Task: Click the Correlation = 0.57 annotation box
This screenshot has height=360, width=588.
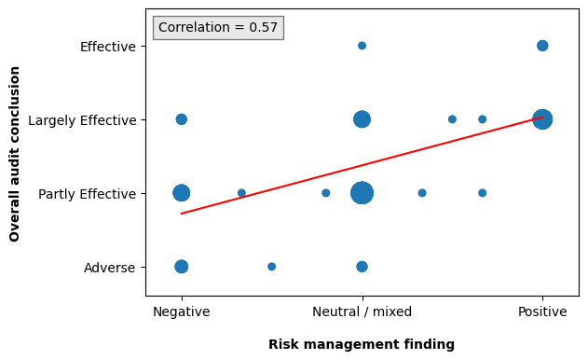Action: point(218,28)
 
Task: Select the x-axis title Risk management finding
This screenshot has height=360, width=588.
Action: point(362,344)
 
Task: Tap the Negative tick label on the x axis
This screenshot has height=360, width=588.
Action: point(181,312)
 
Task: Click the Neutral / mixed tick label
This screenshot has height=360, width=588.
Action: point(362,312)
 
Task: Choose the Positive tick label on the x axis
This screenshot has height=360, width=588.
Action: point(542,312)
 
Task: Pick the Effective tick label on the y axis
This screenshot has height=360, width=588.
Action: point(107,46)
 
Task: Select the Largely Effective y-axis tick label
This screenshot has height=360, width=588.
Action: point(82,119)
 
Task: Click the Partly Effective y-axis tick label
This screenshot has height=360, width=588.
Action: point(87,193)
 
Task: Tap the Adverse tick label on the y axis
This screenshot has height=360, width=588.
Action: point(109,267)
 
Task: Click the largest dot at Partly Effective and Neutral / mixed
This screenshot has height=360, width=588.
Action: point(362,193)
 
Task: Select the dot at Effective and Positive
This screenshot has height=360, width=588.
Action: point(542,46)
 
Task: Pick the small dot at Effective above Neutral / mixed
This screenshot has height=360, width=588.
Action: point(362,46)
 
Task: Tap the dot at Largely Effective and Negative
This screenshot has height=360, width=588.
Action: point(181,119)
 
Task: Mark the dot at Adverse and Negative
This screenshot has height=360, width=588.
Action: point(181,267)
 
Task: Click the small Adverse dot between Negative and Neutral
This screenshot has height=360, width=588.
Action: point(271,267)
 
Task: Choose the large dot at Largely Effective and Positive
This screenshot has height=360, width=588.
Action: point(542,119)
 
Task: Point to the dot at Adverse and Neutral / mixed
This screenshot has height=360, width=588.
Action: point(362,267)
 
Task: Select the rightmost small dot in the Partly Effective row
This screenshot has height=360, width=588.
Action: point(482,193)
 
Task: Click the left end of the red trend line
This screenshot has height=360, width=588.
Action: point(182,214)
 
